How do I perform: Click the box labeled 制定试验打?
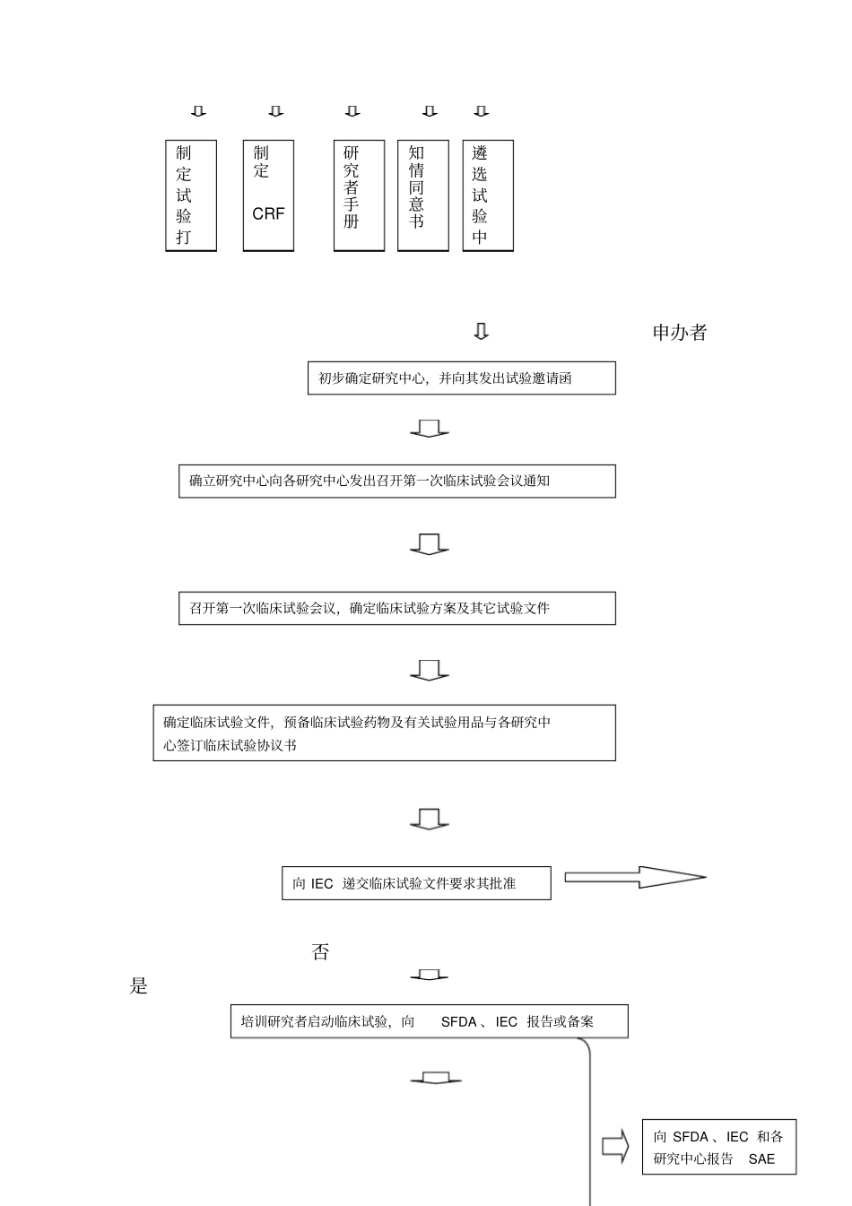(x=191, y=195)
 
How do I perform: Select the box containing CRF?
(x=268, y=195)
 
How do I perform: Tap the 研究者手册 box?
(x=359, y=195)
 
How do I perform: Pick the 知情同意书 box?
(x=423, y=195)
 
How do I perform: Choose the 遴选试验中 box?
(x=488, y=195)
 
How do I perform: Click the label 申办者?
(x=680, y=333)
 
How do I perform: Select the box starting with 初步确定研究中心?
(x=461, y=378)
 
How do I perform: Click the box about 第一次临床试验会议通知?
(x=396, y=481)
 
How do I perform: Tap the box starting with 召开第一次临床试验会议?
(x=396, y=608)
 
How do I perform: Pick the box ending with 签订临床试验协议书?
(x=384, y=733)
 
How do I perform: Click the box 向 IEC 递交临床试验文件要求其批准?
(x=416, y=883)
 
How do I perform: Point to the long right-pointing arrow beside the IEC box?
(x=635, y=877)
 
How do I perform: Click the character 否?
(x=320, y=952)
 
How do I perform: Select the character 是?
(x=139, y=986)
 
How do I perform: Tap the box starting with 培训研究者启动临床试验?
(x=429, y=1021)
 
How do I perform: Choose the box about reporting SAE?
(x=718, y=1147)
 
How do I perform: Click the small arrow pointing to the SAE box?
(x=614, y=1147)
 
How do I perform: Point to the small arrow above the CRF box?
(x=276, y=111)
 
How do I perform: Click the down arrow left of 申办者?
(x=482, y=332)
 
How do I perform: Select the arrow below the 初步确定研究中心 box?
(x=430, y=429)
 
